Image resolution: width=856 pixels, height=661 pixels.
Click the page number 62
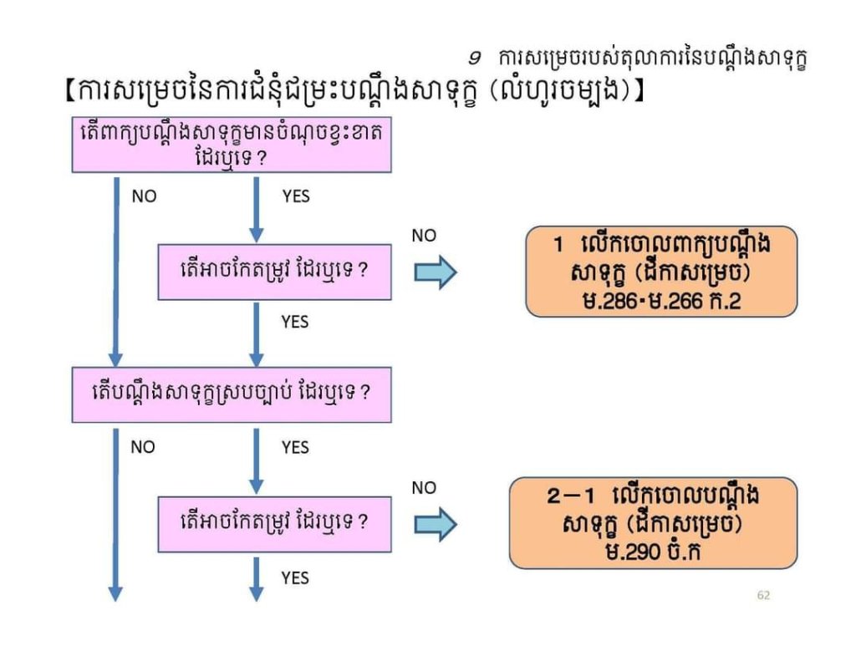(x=762, y=595)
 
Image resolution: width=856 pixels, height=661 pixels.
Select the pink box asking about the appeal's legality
(x=232, y=393)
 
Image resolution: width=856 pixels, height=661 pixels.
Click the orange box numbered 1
(x=660, y=272)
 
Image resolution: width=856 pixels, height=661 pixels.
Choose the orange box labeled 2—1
(x=654, y=523)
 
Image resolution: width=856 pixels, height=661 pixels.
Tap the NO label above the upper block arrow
(x=424, y=236)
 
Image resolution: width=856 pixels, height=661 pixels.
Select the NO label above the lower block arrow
(x=424, y=487)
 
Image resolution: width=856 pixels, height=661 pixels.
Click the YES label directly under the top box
(x=295, y=196)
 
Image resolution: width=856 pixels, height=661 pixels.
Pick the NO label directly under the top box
(x=144, y=196)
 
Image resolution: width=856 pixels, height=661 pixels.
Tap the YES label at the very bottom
(x=295, y=577)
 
